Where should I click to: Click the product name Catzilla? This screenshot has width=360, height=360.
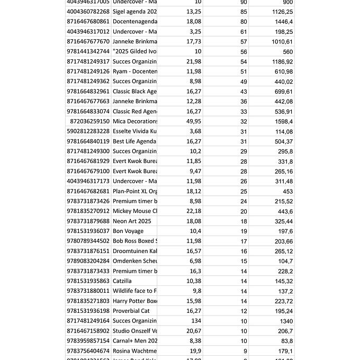[x=122, y=281]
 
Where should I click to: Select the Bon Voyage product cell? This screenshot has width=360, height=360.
[x=128, y=231]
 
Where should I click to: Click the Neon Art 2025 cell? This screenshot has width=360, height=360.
[x=132, y=221]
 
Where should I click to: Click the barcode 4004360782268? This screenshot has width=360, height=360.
[x=88, y=12]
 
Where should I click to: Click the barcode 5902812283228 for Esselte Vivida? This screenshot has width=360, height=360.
[x=88, y=131]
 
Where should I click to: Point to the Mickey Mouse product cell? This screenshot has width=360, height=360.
[x=135, y=211]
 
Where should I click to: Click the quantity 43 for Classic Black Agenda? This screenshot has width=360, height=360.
[x=244, y=92]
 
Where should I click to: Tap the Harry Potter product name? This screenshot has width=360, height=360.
[x=135, y=301]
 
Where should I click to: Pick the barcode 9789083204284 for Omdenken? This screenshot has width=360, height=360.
[x=88, y=261]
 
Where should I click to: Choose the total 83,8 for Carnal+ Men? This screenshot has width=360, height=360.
[x=285, y=341]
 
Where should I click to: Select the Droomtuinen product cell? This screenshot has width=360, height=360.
[x=135, y=251]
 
